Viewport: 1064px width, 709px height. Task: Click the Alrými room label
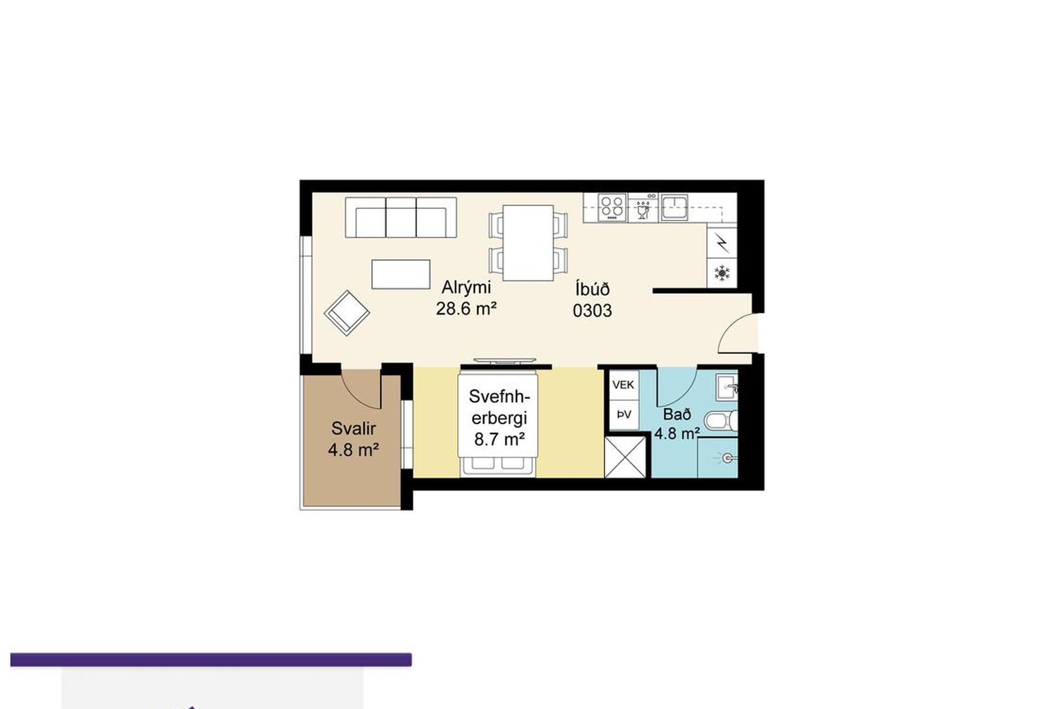click(466, 287)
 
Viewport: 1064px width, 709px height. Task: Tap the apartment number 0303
click(592, 311)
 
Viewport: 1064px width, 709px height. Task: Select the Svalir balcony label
click(354, 428)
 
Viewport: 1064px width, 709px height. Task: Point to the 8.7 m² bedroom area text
click(499, 439)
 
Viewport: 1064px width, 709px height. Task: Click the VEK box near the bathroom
click(624, 384)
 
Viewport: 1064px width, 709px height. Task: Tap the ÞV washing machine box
click(624, 414)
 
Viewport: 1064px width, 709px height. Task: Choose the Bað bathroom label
click(677, 414)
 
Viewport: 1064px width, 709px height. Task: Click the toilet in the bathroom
click(722, 422)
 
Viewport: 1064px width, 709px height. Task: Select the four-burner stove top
click(612, 207)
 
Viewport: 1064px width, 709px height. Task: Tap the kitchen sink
click(674, 207)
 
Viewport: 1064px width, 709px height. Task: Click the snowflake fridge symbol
click(722, 273)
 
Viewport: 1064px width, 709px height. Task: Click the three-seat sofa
click(401, 218)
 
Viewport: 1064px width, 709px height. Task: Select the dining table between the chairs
click(528, 243)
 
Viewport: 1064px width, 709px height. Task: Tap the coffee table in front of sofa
click(401, 274)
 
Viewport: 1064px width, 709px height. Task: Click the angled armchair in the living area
click(347, 313)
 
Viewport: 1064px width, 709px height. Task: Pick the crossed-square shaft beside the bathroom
click(625, 457)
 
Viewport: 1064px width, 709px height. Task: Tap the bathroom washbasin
click(727, 386)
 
